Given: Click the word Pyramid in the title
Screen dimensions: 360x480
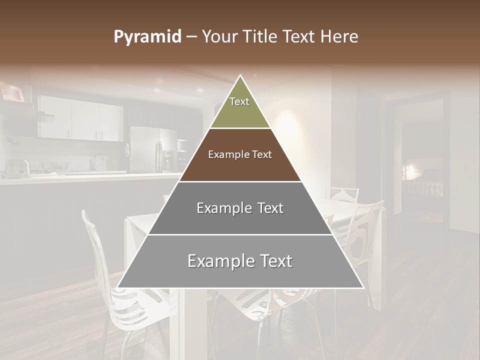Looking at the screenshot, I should (147, 37).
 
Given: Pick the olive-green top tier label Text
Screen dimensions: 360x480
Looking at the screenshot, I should (239, 101).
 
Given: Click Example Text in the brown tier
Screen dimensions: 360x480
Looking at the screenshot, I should (240, 154).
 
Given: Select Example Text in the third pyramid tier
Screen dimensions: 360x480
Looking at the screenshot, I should (240, 208).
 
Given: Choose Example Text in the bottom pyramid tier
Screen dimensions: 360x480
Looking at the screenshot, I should (240, 261).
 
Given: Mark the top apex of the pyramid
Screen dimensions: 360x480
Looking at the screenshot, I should (240, 75).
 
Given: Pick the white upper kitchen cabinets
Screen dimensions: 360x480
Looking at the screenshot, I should (80, 118).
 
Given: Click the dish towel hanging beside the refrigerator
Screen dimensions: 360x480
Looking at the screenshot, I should (127, 150).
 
